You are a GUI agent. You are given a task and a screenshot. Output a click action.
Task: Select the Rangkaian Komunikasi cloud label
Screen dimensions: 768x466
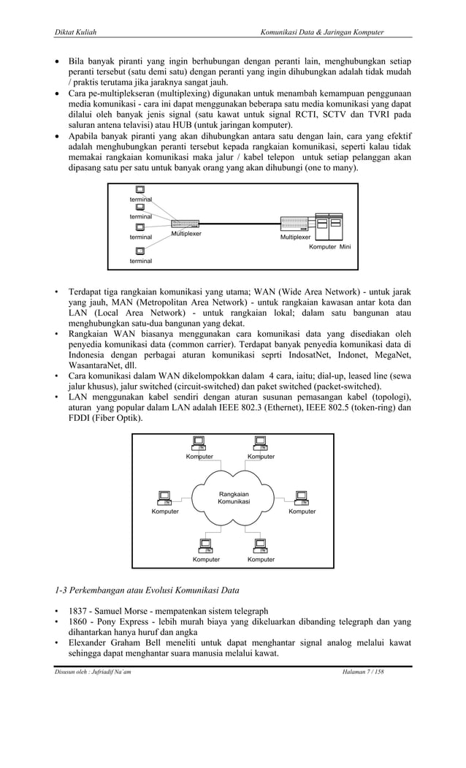tap(234, 498)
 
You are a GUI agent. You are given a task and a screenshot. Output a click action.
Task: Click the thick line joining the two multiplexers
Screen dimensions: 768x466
tap(240, 222)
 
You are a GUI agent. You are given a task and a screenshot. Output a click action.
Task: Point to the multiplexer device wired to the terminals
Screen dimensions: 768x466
tap(188, 224)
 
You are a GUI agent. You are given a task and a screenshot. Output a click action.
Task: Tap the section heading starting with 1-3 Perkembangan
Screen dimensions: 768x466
tap(146, 590)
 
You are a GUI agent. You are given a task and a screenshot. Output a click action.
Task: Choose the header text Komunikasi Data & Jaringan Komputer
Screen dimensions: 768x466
tap(322, 32)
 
